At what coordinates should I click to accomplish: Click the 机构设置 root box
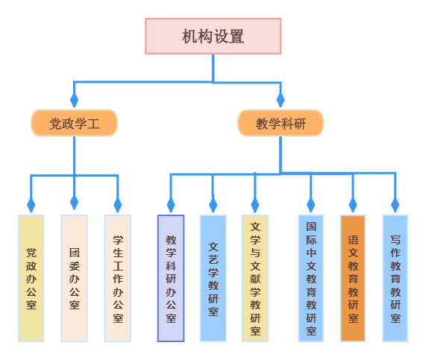click(x=213, y=36)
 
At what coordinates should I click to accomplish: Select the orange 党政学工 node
click(x=74, y=123)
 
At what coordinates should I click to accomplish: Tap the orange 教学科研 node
click(x=281, y=123)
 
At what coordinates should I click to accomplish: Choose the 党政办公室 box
click(x=31, y=278)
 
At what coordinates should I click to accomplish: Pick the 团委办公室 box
click(x=74, y=278)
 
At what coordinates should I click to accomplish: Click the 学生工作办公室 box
click(x=118, y=278)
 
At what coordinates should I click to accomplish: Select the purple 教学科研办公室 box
click(x=171, y=278)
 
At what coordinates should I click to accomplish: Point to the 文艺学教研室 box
click(x=213, y=278)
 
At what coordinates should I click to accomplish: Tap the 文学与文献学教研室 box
click(x=255, y=278)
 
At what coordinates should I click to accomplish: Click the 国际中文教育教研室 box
click(x=311, y=278)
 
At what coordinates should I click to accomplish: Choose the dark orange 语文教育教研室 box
click(x=353, y=278)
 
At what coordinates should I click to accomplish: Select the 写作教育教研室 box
click(x=395, y=278)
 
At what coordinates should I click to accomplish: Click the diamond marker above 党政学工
click(x=74, y=99)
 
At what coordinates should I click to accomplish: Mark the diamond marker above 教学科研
click(x=281, y=99)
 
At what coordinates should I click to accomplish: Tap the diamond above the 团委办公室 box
click(x=74, y=202)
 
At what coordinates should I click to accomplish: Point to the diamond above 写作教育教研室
click(x=395, y=204)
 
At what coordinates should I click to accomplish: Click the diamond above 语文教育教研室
click(x=353, y=204)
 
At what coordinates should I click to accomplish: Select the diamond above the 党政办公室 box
click(x=31, y=204)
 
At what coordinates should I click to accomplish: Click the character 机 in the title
click(x=189, y=37)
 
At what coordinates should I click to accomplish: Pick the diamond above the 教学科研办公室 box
click(x=171, y=204)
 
